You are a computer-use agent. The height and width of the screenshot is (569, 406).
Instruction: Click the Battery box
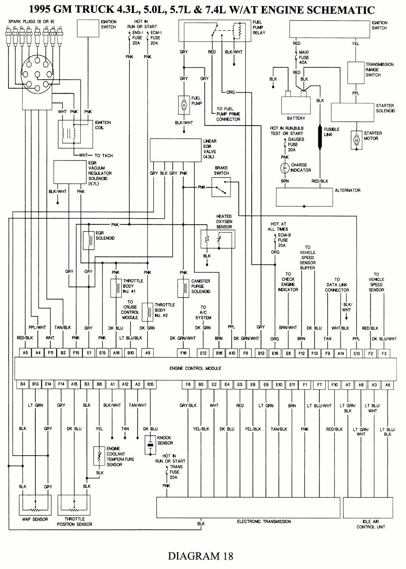(x=296, y=105)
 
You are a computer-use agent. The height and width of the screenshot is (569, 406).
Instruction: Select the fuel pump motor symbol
(x=183, y=105)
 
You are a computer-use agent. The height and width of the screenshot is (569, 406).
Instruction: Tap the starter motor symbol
(x=356, y=140)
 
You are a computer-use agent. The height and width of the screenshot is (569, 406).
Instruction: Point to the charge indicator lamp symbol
(x=285, y=167)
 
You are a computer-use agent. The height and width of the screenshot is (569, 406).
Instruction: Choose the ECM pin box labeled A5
(x=25, y=353)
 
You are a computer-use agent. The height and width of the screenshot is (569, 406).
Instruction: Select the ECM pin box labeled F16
(x=183, y=353)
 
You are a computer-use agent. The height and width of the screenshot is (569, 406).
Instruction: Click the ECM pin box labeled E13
(x=356, y=353)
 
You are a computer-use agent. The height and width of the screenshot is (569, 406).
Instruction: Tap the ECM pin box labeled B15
(x=150, y=384)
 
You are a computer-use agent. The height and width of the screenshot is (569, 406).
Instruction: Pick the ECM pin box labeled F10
(x=334, y=384)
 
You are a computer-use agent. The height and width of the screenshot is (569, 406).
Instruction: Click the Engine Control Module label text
(x=195, y=368)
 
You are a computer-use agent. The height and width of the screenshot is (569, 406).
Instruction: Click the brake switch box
(x=221, y=187)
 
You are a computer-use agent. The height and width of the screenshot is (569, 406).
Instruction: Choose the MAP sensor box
(x=35, y=504)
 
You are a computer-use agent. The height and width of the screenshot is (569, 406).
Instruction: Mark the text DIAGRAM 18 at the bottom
(x=201, y=555)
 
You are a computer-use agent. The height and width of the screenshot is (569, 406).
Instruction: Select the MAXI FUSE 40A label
(x=304, y=57)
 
